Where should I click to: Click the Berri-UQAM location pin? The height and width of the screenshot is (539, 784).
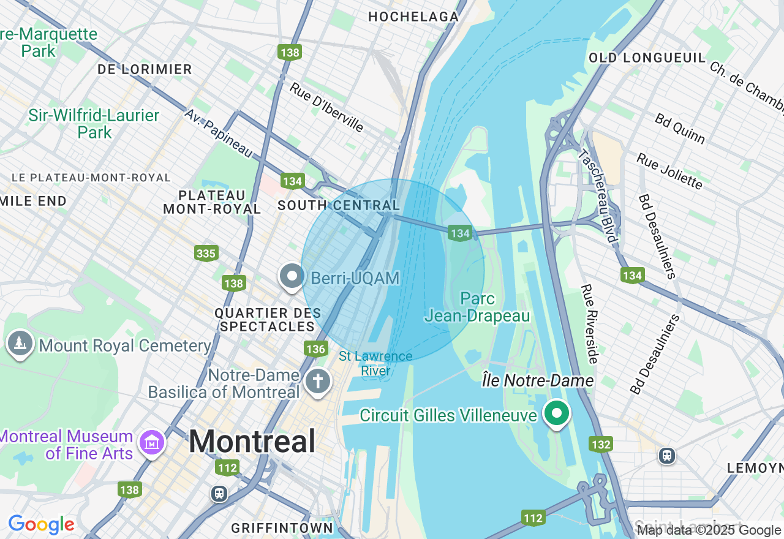pyautogui.click(x=292, y=277)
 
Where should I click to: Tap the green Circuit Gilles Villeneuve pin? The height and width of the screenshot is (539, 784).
pyautogui.click(x=556, y=413)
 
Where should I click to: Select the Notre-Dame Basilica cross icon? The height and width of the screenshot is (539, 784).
pyautogui.click(x=318, y=382)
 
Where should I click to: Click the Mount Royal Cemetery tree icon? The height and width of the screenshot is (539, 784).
pyautogui.click(x=20, y=344)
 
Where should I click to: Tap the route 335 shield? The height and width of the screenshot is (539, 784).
pyautogui.click(x=206, y=252)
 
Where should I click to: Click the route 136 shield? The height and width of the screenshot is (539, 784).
pyautogui.click(x=315, y=349)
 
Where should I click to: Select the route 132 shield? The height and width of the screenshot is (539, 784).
pyautogui.click(x=601, y=444)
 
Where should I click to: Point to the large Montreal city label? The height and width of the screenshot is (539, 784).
pyautogui.click(x=252, y=441)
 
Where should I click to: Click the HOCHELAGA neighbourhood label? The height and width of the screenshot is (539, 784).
pyautogui.click(x=413, y=17)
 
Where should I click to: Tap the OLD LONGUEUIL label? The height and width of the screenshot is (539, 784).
pyautogui.click(x=647, y=58)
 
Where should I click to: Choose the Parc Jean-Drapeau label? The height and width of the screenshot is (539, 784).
pyautogui.click(x=477, y=307)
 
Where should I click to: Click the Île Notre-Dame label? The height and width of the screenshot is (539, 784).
pyautogui.click(x=538, y=381)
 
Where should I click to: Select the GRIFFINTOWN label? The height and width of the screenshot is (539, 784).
pyautogui.click(x=282, y=528)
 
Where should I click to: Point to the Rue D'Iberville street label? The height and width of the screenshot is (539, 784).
pyautogui.click(x=327, y=107)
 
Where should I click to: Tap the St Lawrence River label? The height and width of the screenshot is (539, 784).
pyautogui.click(x=375, y=364)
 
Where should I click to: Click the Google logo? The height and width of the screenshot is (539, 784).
pyautogui.click(x=41, y=524)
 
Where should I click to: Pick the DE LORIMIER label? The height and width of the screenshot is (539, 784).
pyautogui.click(x=145, y=69)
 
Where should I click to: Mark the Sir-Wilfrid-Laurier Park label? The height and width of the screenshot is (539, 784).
pyautogui.click(x=94, y=124)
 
